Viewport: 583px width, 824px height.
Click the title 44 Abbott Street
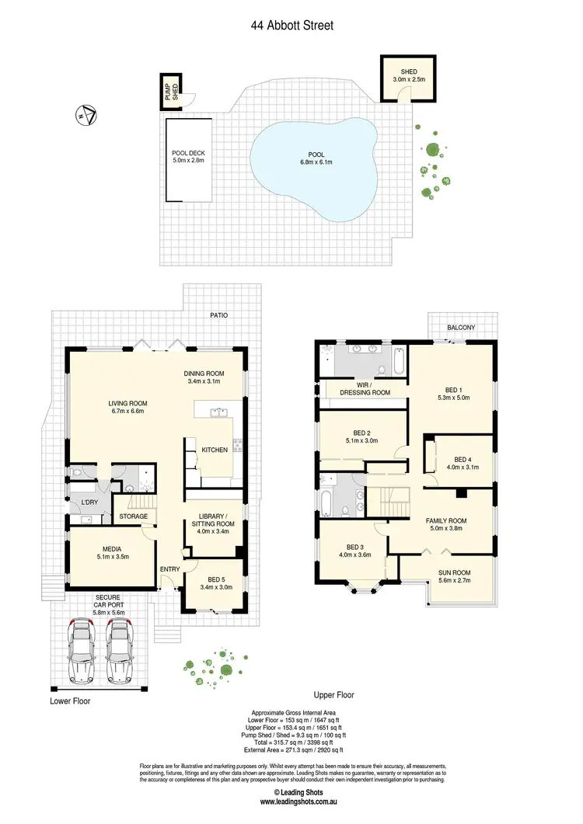click(291, 26)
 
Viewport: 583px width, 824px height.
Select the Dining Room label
click(204, 377)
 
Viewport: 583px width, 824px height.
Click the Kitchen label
click(215, 450)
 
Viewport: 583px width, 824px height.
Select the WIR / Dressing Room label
click(365, 389)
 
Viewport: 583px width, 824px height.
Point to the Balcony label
click(460, 329)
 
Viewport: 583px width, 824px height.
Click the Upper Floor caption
click(334, 695)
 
